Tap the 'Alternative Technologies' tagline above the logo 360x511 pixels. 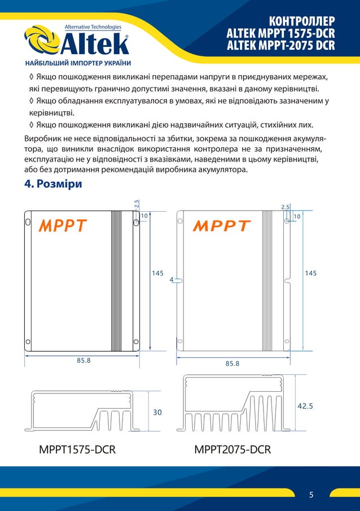point(93,27)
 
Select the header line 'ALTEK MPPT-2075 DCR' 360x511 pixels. point(280,44)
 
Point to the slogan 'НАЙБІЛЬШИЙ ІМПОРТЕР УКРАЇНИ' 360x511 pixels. point(78,63)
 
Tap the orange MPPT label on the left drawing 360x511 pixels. point(62,226)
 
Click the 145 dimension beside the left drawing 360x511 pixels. point(158,273)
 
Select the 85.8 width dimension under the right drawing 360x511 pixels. point(232,364)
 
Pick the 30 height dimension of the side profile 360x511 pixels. point(158,413)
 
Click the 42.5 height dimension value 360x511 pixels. point(305,405)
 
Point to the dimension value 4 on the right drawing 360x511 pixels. point(171,279)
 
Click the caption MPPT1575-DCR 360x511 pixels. point(77,450)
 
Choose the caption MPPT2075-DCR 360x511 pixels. point(232,450)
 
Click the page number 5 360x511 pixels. point(311,495)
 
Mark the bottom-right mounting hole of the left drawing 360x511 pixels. point(136,341)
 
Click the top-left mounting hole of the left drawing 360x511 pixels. point(28,222)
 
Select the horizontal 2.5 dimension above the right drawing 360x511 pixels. point(286,207)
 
